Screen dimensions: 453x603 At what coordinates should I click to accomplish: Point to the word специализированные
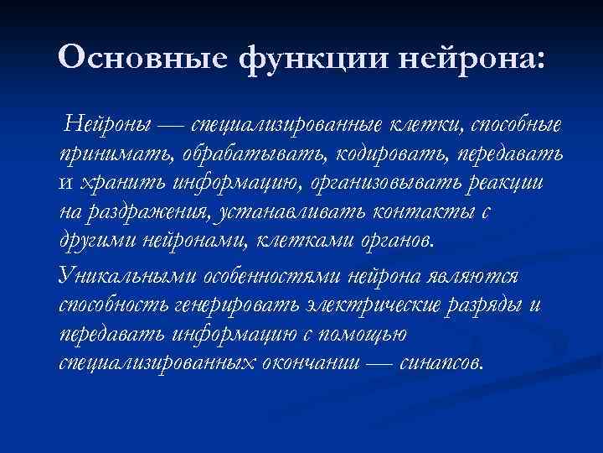click(287, 126)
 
